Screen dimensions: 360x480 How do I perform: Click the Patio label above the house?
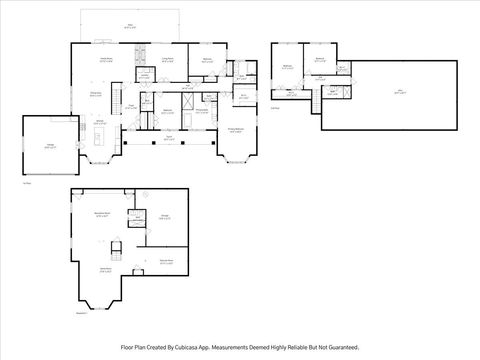tap(129, 27)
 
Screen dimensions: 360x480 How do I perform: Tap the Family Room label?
tap(103, 59)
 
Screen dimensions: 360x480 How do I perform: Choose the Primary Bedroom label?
tap(235, 130)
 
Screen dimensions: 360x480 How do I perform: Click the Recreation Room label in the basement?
tap(102, 214)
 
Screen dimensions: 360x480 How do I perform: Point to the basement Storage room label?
tap(165, 214)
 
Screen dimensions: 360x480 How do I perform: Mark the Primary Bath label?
tap(200, 110)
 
